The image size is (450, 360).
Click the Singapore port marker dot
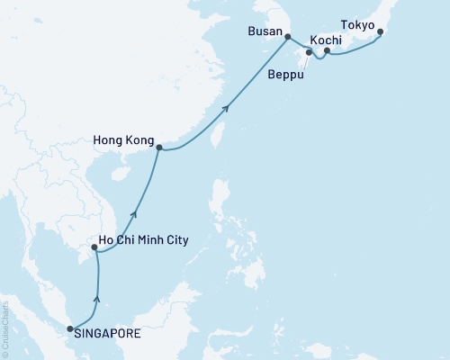point(71,329)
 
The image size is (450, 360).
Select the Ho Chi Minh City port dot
point(94,247)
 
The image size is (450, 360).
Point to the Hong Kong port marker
point(159,147)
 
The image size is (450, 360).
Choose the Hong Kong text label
point(122,141)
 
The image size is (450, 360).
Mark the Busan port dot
point(287,37)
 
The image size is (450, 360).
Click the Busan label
point(265,31)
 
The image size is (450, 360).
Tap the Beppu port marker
point(309,53)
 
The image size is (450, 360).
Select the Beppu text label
point(286,78)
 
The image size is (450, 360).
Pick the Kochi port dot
point(327,51)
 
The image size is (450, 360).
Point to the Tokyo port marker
point(381,33)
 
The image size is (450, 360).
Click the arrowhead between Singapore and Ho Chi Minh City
point(97,300)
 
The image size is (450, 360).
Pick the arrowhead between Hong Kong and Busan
point(226,108)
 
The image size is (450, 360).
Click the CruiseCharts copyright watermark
point(5,323)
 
